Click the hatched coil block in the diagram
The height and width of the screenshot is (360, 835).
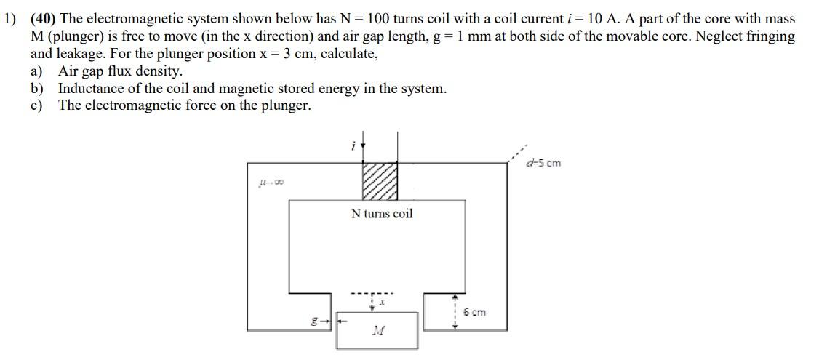380,180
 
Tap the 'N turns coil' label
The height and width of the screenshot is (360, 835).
381,213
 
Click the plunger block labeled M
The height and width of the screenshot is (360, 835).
377,331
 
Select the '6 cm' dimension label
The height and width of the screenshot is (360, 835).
474,312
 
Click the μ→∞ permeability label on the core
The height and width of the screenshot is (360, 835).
270,183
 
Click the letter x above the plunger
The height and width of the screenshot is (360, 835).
381,300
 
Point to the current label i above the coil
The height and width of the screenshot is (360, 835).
353,146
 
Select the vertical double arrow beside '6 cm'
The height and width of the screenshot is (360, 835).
455,311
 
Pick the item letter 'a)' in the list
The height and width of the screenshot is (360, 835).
36,71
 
